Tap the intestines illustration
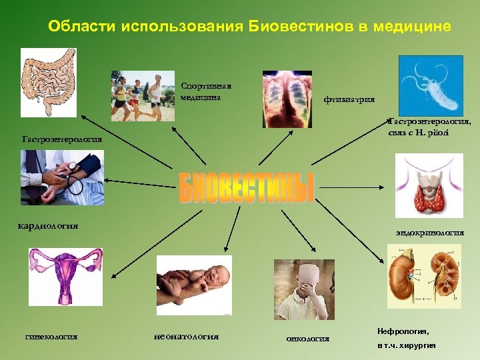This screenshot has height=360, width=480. [48, 83]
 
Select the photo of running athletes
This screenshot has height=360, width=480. [143, 95]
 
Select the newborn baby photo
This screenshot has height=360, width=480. [194, 285]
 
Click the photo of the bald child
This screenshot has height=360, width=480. [303, 289]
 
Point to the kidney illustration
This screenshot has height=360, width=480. [424, 276]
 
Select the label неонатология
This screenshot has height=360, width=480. [186, 336]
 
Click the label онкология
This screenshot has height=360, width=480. [307, 339]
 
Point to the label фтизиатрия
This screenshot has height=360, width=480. [349, 100]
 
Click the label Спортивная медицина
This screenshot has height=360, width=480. [205, 91]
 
